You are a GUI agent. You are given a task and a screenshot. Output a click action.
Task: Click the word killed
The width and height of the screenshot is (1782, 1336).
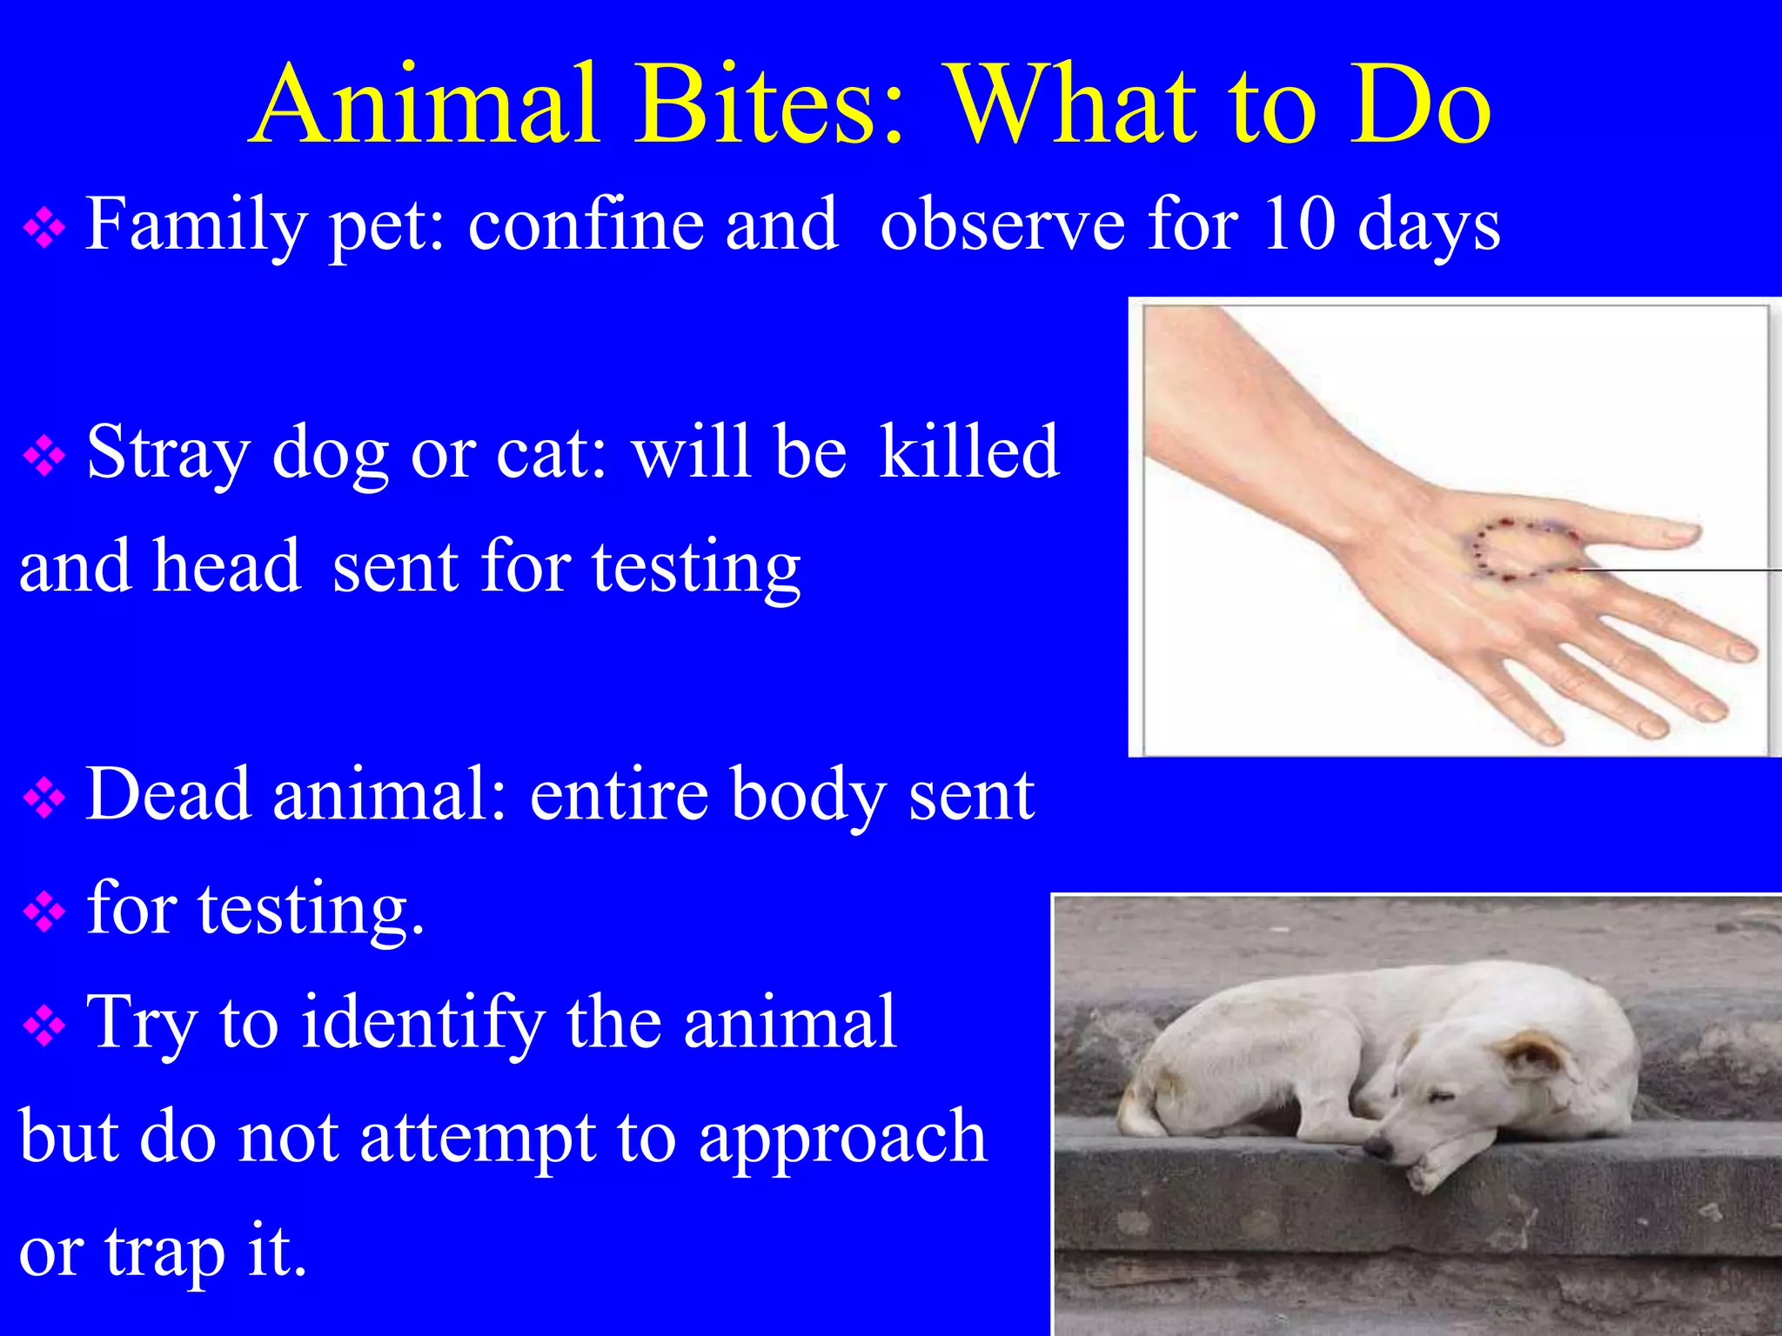(969, 451)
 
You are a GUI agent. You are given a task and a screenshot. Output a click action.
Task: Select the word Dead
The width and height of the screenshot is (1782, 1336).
(169, 793)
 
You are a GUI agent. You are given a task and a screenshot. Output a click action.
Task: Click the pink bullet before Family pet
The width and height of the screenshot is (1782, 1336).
(44, 230)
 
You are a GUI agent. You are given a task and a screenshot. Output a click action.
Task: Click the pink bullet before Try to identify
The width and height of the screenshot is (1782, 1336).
(44, 1026)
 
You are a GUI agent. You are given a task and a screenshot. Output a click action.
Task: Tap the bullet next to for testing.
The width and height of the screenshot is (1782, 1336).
(44, 912)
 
